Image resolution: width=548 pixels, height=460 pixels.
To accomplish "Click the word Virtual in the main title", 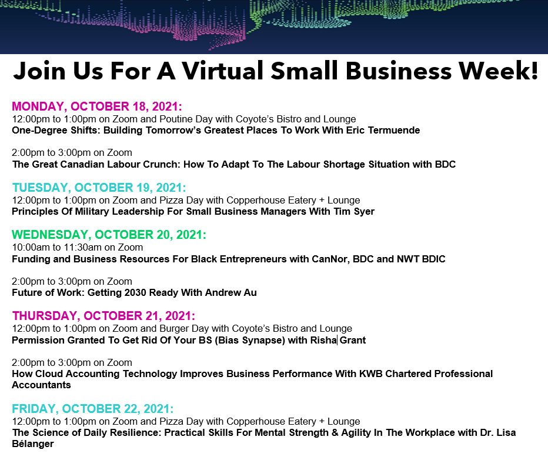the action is coord(223,71).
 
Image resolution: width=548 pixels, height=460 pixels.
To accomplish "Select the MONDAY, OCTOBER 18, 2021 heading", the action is coord(97,106).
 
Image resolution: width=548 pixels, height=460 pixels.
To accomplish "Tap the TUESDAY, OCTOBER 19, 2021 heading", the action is coord(99,188).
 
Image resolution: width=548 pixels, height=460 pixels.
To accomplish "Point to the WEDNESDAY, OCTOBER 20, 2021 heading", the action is coord(109,235).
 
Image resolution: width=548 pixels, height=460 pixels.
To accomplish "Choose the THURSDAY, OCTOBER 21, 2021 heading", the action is coord(103,316).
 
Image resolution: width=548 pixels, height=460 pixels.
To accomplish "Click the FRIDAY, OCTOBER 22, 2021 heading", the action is coord(93,409).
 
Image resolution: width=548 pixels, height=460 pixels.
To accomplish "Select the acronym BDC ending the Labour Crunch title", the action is coord(445,164).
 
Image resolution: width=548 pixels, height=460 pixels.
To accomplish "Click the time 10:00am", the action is coord(31,248).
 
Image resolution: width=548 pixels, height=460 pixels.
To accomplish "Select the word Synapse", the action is coord(260,341).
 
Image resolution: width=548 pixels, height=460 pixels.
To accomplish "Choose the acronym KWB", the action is coord(371,374).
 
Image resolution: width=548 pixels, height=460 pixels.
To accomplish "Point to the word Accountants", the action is coord(41,385).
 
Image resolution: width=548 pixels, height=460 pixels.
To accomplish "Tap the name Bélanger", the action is coord(33,444).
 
